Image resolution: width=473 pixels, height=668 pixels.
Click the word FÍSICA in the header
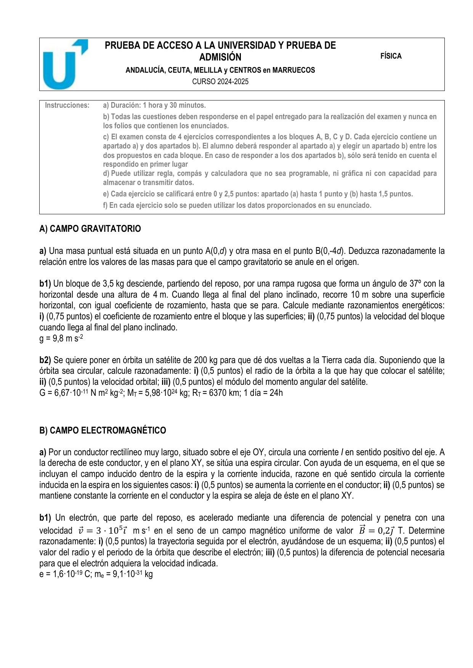(391, 56)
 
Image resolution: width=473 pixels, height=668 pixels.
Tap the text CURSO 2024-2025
(220, 81)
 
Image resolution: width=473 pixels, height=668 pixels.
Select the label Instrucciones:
(67, 105)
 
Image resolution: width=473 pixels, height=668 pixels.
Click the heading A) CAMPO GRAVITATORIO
(90, 229)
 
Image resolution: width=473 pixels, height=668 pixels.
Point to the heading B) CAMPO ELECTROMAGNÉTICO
(103, 430)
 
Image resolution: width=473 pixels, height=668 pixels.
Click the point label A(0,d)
(216, 251)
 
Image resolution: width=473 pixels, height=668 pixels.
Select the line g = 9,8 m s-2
(61, 338)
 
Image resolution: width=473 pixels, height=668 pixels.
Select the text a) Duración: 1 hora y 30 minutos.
(154, 105)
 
